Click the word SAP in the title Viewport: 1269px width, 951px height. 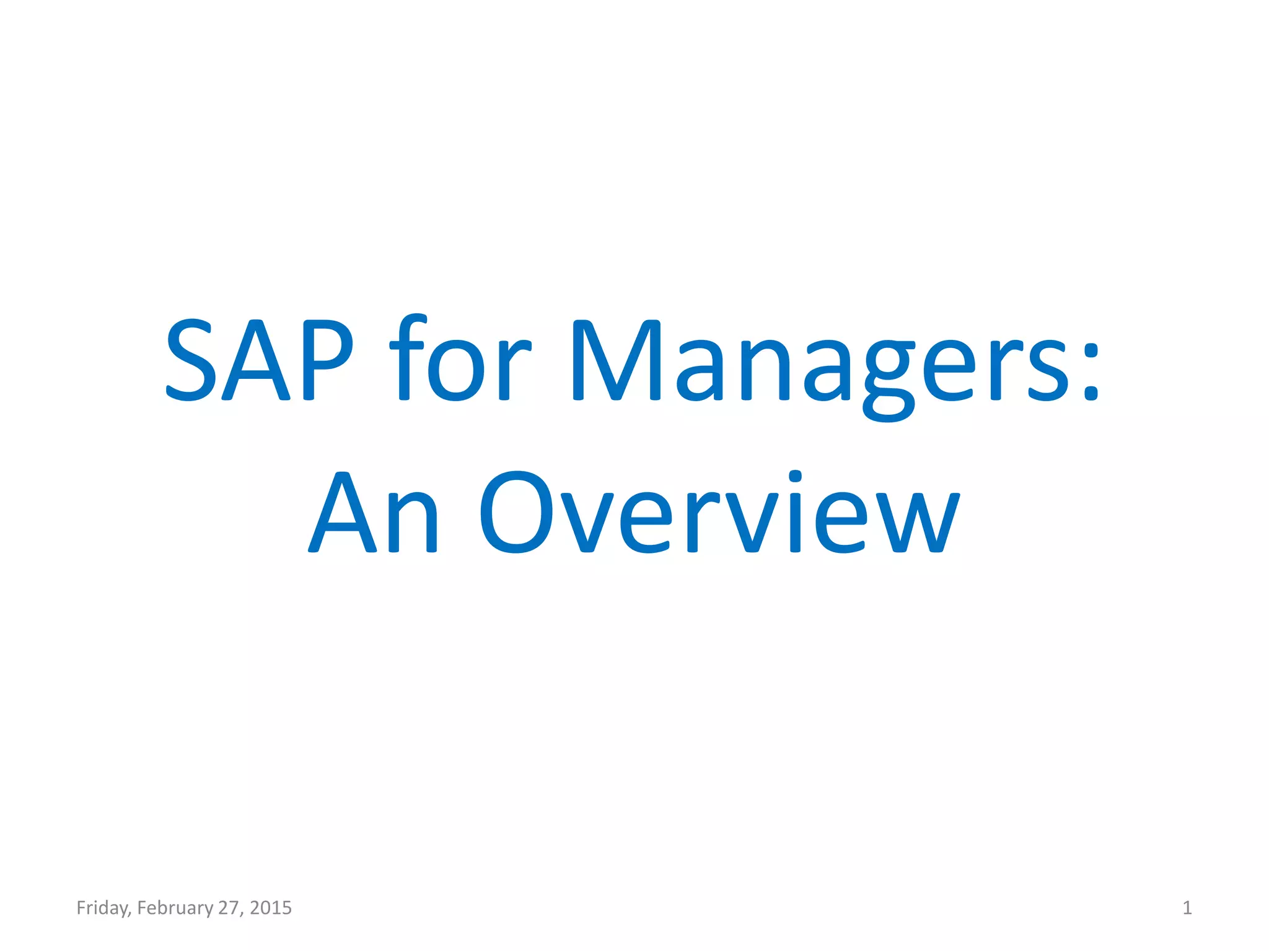pyautogui.click(x=260, y=360)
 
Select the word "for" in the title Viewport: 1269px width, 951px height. pyautogui.click(x=460, y=360)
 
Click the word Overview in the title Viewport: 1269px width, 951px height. pyautogui.click(x=719, y=512)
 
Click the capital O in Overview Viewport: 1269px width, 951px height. pyautogui.click(x=516, y=512)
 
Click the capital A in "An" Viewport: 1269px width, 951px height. pyautogui.click(x=343, y=512)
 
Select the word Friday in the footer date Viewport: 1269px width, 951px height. pyautogui.click(x=103, y=908)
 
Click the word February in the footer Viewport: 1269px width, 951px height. pyautogui.click(x=175, y=908)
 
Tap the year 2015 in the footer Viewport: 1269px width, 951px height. pyautogui.click(x=271, y=908)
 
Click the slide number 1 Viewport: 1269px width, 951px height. pyautogui.click(x=1187, y=908)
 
